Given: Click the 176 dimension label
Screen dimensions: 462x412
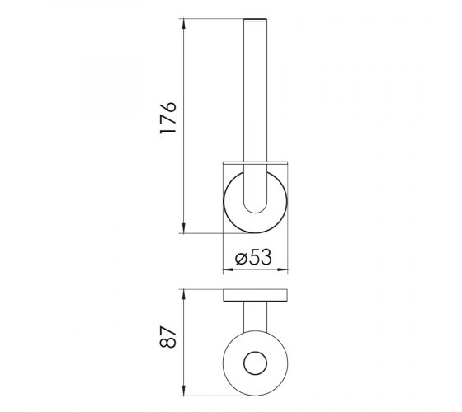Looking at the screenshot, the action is (x=167, y=118).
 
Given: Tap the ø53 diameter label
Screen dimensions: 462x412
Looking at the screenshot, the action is (x=253, y=257).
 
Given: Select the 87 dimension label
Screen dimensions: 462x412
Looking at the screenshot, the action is (x=167, y=337).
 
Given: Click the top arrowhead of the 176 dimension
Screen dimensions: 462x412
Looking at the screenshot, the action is (x=183, y=24).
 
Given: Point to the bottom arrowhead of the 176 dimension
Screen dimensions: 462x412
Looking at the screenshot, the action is (x=183, y=228).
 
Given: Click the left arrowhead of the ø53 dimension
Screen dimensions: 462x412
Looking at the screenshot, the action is (x=229, y=269).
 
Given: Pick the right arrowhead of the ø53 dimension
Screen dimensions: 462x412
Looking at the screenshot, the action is (x=283, y=269).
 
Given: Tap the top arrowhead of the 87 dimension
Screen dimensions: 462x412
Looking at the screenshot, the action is (x=183, y=295).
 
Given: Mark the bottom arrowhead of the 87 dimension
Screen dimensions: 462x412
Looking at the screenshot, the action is (x=183, y=391).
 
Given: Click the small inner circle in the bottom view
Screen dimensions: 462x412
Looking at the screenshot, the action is (x=255, y=352).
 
